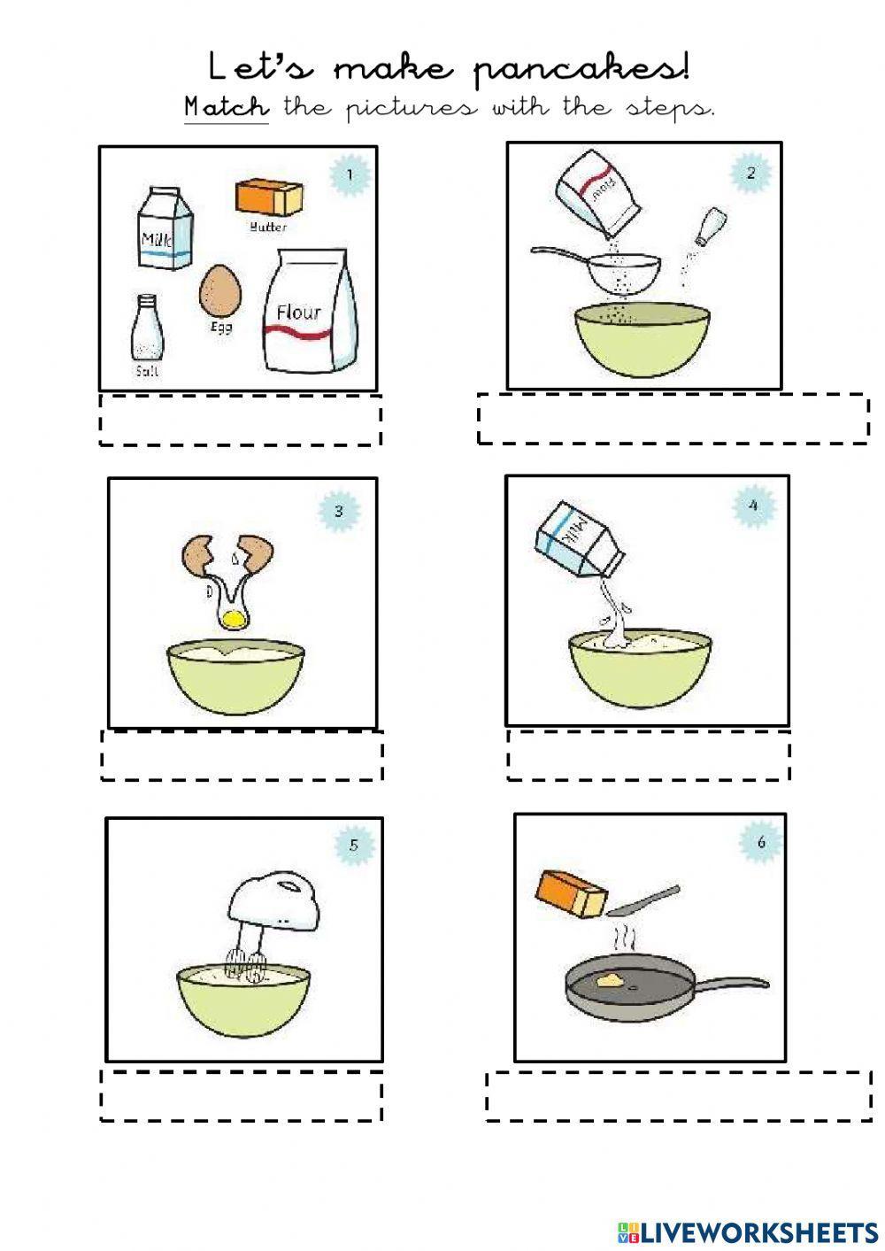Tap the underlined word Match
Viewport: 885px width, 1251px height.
[226, 108]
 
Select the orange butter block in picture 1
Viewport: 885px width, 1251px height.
[269, 197]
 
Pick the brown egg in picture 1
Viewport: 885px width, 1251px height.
[220, 291]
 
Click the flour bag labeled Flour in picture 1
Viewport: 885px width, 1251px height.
[312, 311]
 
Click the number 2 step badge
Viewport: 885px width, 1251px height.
[750, 174]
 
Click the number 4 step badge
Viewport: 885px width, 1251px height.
[752, 506]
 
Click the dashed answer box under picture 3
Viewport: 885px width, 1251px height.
[242, 755]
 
